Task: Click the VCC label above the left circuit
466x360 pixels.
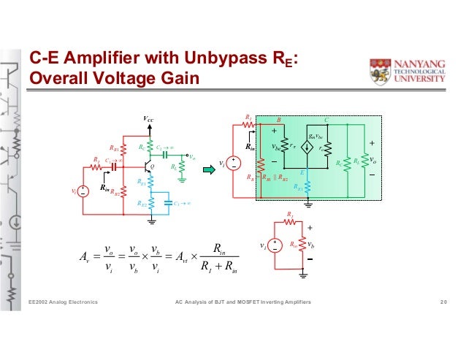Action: point(150,119)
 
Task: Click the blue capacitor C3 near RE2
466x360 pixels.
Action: point(168,200)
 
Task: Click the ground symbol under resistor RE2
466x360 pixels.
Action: point(151,217)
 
